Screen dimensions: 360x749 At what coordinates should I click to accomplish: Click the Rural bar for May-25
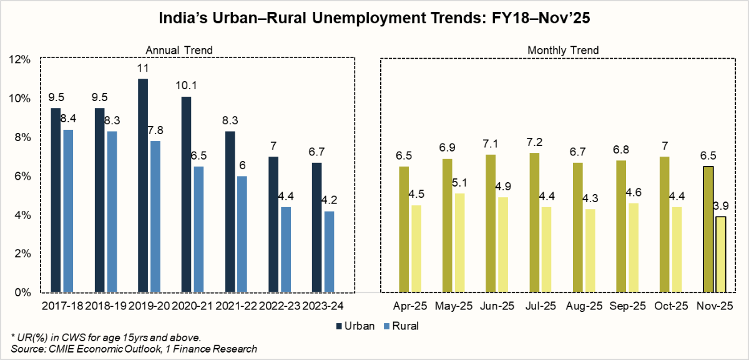coord(459,243)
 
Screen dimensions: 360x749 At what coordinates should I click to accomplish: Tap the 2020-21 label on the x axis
coord(192,306)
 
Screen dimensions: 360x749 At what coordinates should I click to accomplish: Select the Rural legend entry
coord(400,326)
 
